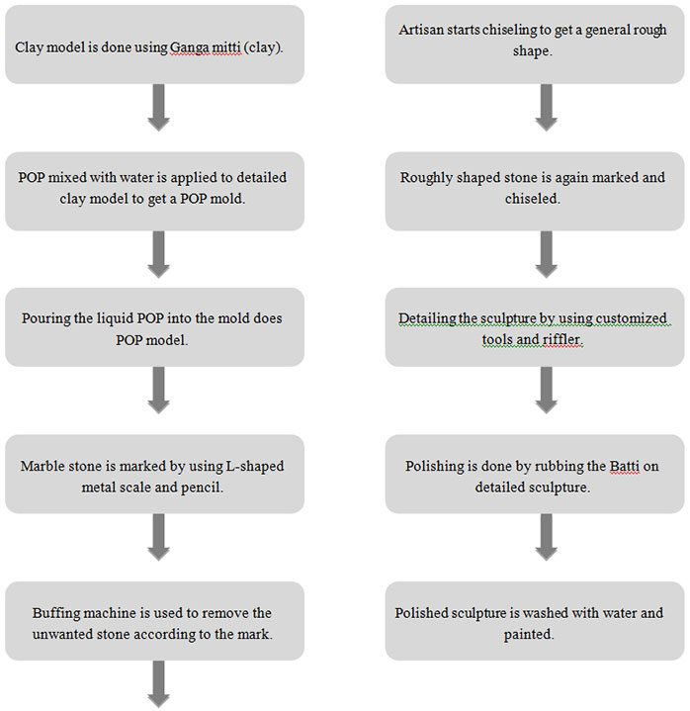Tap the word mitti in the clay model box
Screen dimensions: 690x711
click(226, 47)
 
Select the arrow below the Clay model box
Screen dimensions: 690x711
click(159, 108)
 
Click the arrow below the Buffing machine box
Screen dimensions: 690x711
click(159, 684)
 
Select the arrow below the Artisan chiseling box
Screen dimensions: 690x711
click(547, 108)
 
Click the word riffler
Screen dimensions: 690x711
click(562, 339)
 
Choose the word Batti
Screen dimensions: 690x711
click(625, 467)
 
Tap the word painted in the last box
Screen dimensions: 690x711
click(529, 635)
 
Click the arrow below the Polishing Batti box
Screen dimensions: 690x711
click(547, 537)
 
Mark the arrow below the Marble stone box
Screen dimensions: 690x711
click(159, 537)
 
